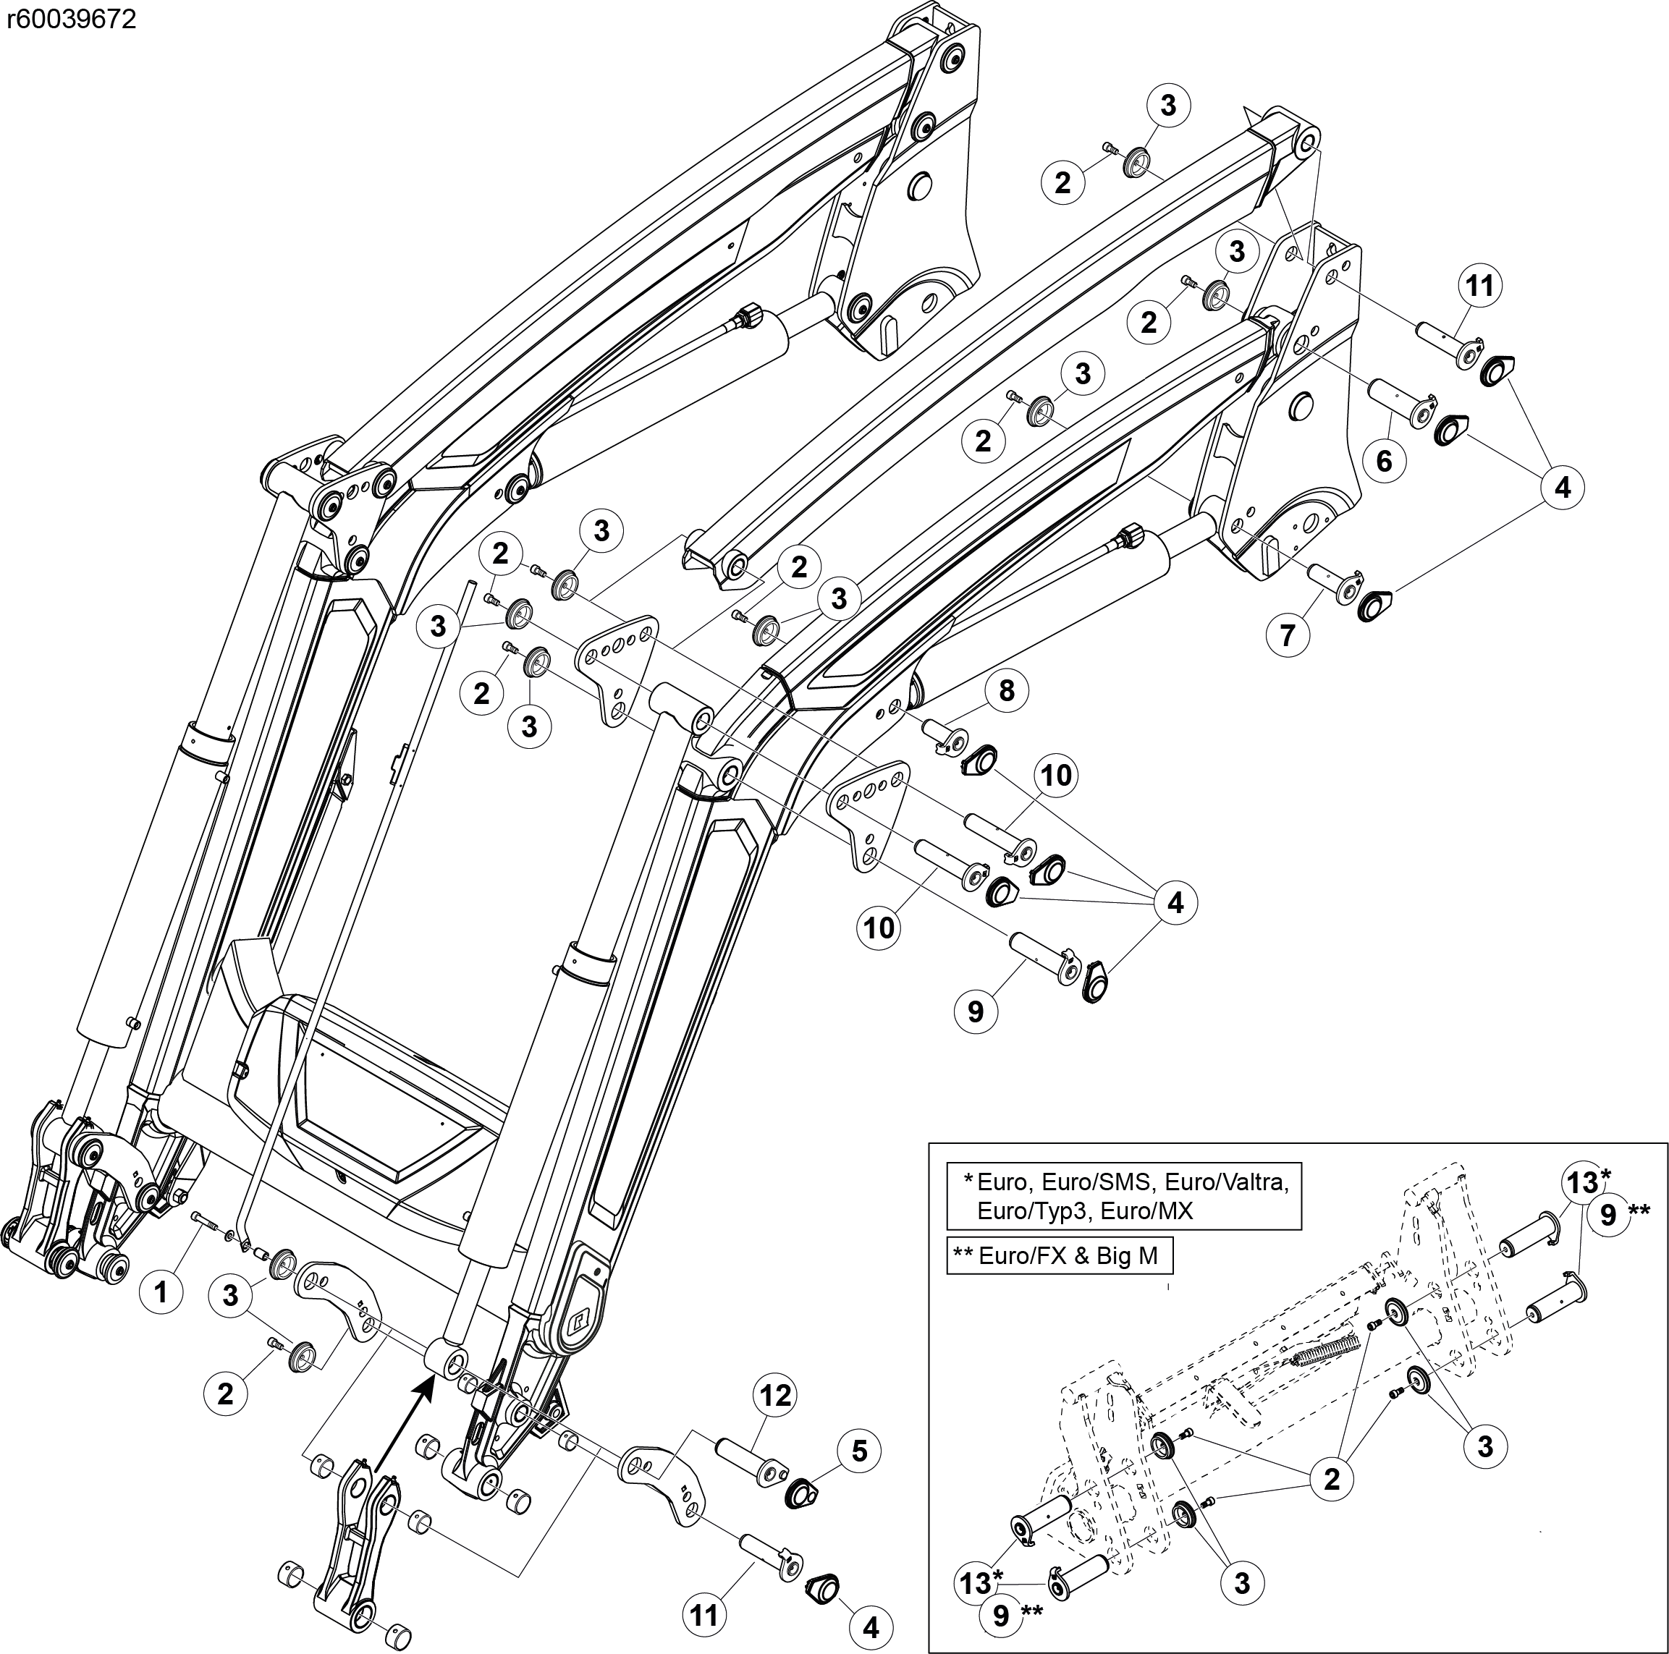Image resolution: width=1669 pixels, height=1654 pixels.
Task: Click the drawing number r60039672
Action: coord(71,19)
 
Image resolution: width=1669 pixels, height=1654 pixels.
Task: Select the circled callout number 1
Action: coord(161,1292)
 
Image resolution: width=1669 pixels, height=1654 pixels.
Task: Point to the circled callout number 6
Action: coord(1384,460)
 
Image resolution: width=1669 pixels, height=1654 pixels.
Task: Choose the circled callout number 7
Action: coord(1287,635)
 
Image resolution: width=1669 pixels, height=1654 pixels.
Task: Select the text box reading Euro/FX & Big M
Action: coord(1058,1255)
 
